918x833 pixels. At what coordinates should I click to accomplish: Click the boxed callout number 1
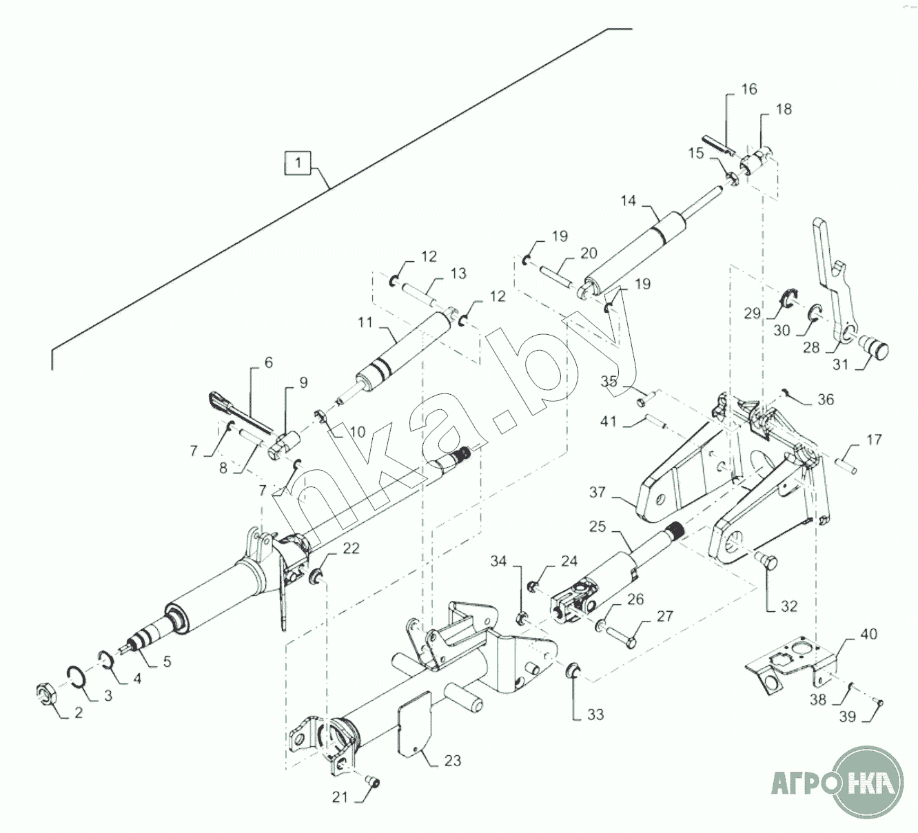point(298,164)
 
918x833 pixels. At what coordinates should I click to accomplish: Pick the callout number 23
point(453,761)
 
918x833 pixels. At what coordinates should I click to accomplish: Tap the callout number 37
point(598,492)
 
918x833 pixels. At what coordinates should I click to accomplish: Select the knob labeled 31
point(876,345)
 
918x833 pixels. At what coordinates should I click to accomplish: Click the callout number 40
point(869,633)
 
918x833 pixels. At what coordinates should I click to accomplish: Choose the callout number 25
point(598,526)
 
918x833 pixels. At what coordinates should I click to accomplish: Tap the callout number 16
point(749,89)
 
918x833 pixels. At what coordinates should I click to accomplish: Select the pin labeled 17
point(846,466)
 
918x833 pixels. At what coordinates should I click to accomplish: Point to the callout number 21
point(338,797)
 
